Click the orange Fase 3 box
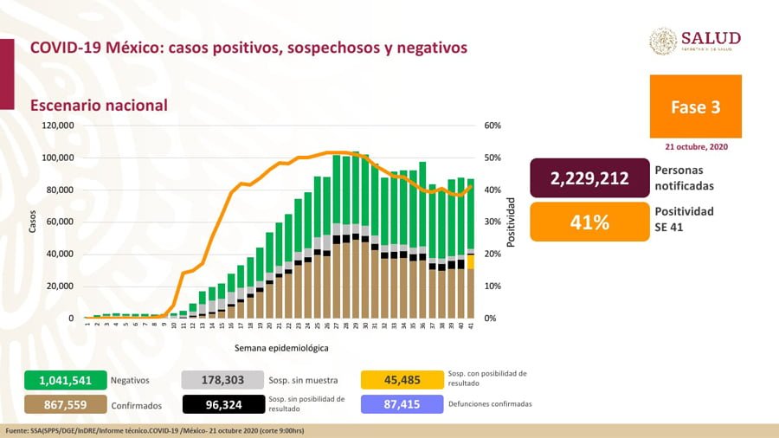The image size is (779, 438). coord(695,107)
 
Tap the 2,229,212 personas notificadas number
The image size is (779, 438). coord(589,178)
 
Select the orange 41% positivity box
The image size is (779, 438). coord(589,222)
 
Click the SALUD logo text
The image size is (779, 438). coord(711,38)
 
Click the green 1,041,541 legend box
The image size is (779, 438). coord(65,379)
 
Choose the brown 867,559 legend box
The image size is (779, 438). coord(65,403)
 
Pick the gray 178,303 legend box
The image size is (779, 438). coord(222,379)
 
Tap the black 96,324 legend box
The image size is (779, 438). coord(222,403)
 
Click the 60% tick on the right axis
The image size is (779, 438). coord(493,126)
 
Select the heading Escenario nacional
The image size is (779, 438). coord(99,105)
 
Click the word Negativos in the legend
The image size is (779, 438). coord(130,379)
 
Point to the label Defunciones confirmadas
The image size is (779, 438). coord(491,403)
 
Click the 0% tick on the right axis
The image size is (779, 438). coord(490,319)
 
